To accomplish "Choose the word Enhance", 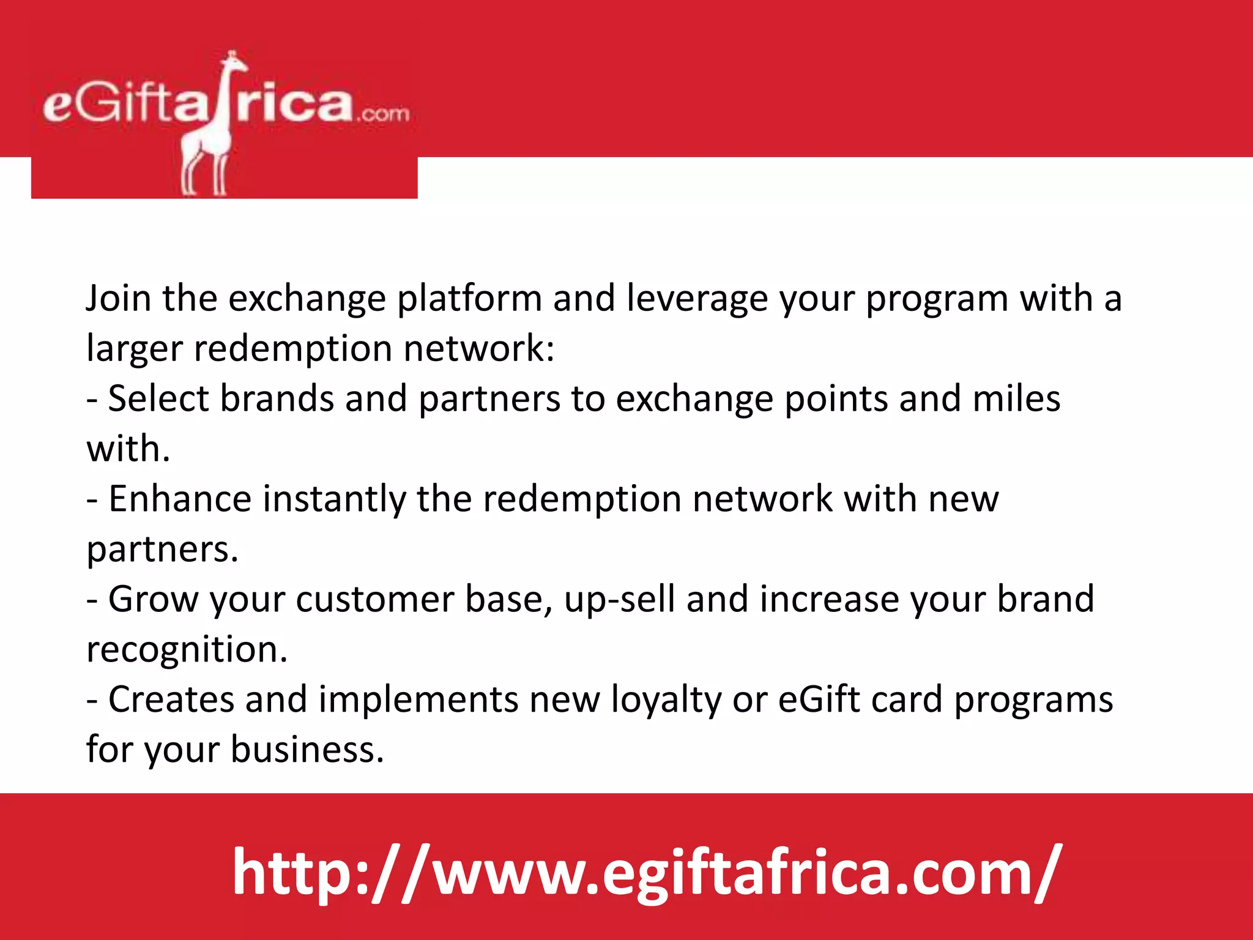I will (180, 499).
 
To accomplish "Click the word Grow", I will (154, 599).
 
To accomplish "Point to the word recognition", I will (187, 650).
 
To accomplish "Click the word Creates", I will (171, 699).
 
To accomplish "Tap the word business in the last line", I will (307, 750).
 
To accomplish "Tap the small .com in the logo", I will (384, 113).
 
